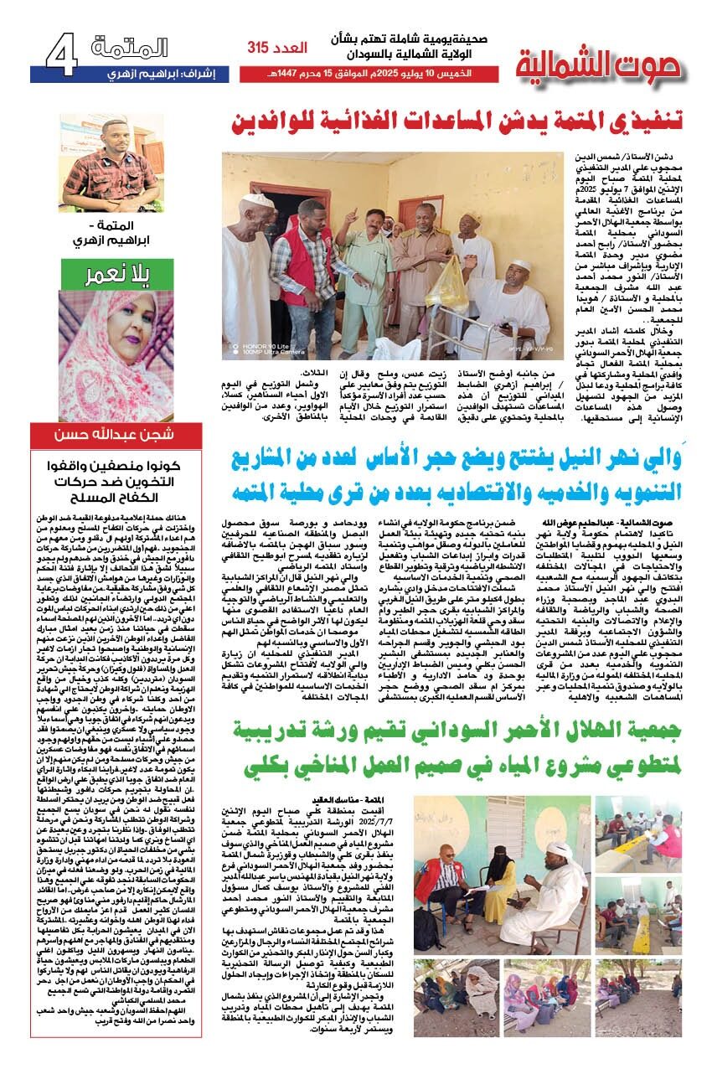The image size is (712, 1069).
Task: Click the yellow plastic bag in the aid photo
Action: pyautogui.click(x=448, y=286)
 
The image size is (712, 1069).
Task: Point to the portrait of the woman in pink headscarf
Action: pyautogui.click(x=105, y=352)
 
